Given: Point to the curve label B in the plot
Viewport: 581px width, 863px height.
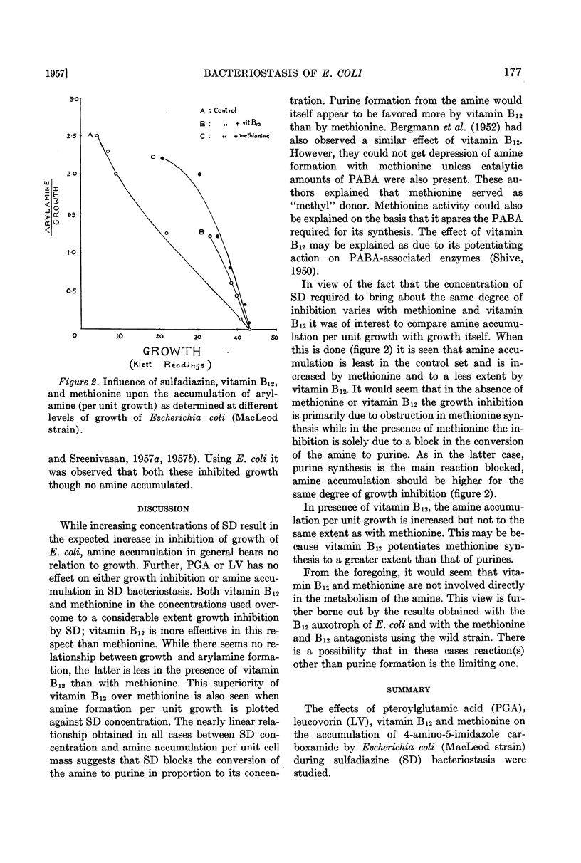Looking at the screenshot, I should coord(202,232).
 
